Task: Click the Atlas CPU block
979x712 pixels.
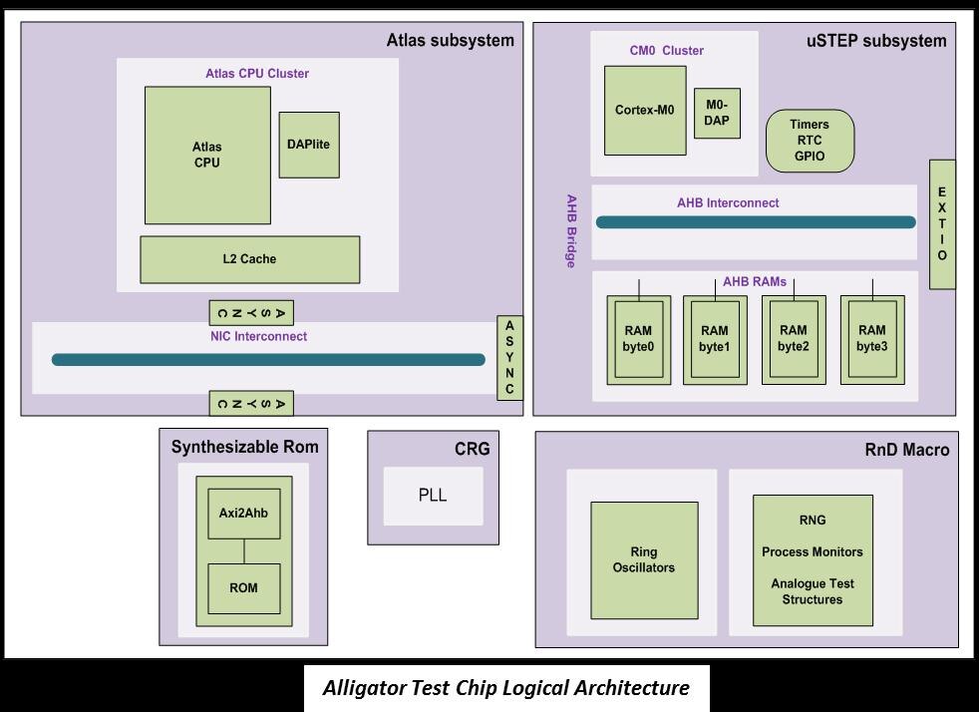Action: coord(207,155)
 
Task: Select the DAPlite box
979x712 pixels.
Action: coord(308,145)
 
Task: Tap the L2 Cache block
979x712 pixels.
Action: coord(249,259)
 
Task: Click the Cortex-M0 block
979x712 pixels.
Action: coord(644,111)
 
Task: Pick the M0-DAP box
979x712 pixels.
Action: coord(717,113)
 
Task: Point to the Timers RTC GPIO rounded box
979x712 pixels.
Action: coord(810,141)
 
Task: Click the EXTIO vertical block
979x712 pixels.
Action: coord(942,224)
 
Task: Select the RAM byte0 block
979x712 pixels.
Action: coord(638,339)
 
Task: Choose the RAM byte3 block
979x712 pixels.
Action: coord(872,339)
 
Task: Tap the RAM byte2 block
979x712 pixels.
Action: coord(794,339)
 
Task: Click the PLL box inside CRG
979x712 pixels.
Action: coord(433,496)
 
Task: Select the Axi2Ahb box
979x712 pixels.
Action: coord(243,515)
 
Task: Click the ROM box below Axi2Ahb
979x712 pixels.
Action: coord(243,588)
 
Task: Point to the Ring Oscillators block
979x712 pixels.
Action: coord(644,560)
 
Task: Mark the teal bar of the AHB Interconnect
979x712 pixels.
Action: coord(755,222)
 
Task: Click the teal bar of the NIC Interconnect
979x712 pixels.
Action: coord(268,360)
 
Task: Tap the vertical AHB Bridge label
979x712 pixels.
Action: coord(571,230)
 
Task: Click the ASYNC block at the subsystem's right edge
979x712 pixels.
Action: coord(509,358)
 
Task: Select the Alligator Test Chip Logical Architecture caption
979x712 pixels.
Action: coord(505,688)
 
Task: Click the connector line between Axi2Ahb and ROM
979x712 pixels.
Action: coord(243,551)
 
